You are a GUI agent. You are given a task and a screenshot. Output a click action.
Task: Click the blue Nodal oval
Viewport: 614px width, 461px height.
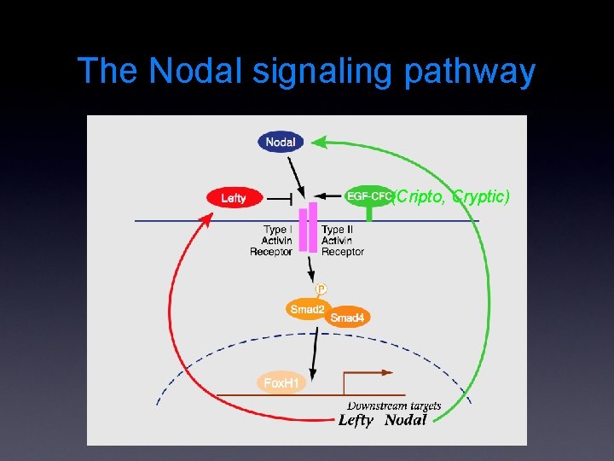coord(281,142)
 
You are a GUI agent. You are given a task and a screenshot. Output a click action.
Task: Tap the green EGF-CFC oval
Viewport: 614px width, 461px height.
coord(368,195)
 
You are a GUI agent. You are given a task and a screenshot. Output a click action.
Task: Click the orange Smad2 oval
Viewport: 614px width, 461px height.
coord(307,309)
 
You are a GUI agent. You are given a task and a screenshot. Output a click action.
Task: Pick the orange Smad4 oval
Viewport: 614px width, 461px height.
coord(347,318)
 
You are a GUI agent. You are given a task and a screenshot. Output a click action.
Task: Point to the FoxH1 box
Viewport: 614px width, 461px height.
coord(281,383)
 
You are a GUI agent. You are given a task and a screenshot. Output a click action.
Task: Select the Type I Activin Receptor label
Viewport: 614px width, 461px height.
coord(272,241)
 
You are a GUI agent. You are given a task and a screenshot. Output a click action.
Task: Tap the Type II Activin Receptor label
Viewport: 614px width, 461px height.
coord(342,241)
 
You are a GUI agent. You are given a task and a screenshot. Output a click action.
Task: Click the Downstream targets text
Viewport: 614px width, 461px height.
coord(394,406)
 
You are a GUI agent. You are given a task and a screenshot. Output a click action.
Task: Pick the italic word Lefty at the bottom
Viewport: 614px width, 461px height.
coord(356,420)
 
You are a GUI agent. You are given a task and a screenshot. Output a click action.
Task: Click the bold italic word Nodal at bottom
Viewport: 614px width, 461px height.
coord(405,420)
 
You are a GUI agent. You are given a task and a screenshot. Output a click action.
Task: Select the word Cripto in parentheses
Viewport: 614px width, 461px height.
coord(419,196)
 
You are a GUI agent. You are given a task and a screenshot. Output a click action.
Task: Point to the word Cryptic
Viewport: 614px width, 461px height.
coord(480,196)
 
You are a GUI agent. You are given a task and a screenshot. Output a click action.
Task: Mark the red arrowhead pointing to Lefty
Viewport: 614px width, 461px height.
coord(206,221)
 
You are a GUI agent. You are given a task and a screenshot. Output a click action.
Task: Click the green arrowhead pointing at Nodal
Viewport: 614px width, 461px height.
coord(319,140)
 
